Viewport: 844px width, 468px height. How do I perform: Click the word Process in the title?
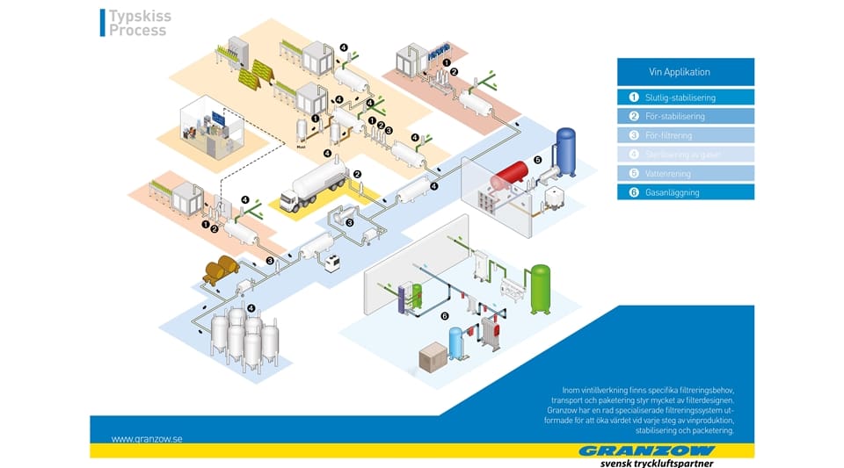[x=137, y=31]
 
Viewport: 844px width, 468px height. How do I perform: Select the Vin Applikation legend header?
[x=685, y=71]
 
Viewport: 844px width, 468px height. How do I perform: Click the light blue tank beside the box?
[x=455, y=344]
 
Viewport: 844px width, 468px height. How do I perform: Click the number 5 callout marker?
[x=537, y=161]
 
